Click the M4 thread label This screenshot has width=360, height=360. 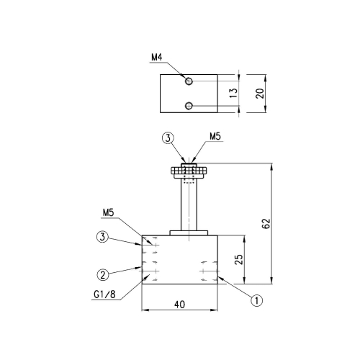(x=157, y=58)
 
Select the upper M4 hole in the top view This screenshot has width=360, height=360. (x=189, y=81)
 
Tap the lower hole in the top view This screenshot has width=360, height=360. (x=189, y=106)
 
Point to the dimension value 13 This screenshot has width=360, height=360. (x=233, y=93)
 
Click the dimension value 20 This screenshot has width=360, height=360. (x=260, y=94)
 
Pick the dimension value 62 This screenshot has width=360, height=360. (x=266, y=223)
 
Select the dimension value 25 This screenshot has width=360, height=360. (x=239, y=259)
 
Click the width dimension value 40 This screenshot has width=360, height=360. (x=179, y=305)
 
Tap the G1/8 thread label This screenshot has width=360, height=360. (x=104, y=294)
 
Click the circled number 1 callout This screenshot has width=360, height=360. (x=257, y=300)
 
